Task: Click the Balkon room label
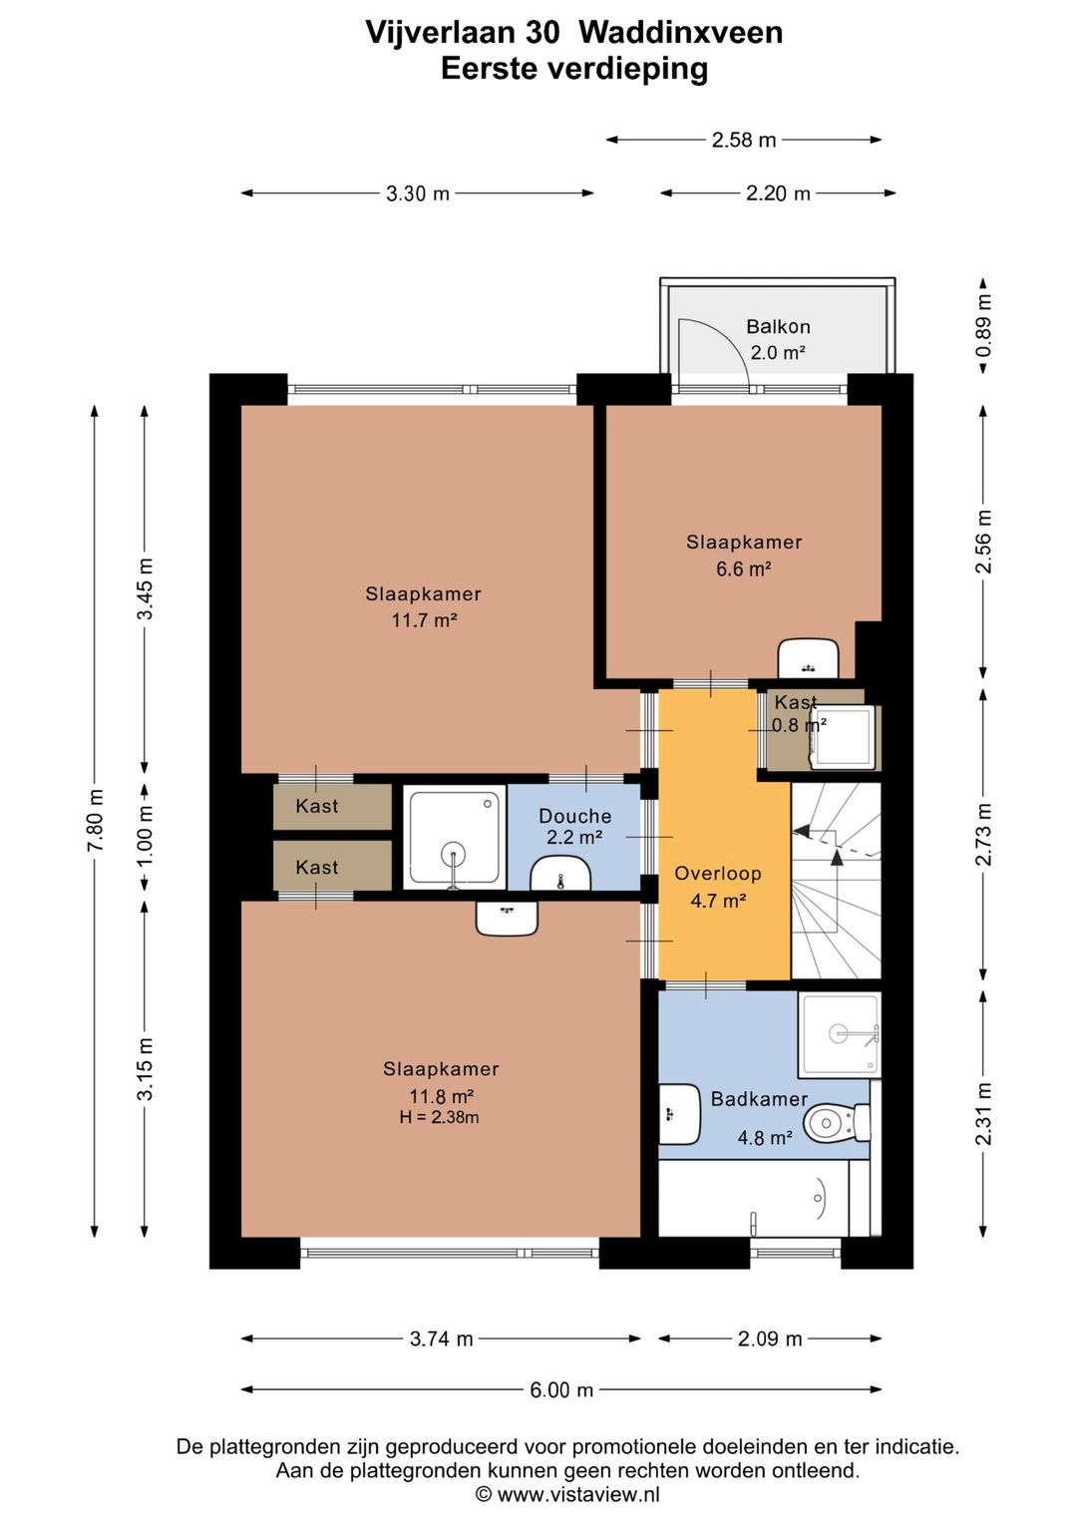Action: point(778,327)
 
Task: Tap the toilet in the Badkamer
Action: point(837,1123)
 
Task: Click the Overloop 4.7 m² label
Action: point(718,888)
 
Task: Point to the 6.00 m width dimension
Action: point(561,1390)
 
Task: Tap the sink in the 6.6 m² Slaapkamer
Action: point(807,657)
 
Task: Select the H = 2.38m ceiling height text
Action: point(440,1117)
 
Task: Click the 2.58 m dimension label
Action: point(743,140)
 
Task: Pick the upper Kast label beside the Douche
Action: point(317,807)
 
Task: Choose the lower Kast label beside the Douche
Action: point(317,868)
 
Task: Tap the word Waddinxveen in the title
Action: point(681,33)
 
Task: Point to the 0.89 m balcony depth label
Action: point(984,325)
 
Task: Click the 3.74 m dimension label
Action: point(441,1338)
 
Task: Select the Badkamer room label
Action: point(759,1099)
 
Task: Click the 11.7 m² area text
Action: point(424,620)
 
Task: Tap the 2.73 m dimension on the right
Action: point(984,835)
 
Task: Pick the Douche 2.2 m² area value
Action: point(574,837)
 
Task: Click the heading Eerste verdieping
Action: point(574,69)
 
